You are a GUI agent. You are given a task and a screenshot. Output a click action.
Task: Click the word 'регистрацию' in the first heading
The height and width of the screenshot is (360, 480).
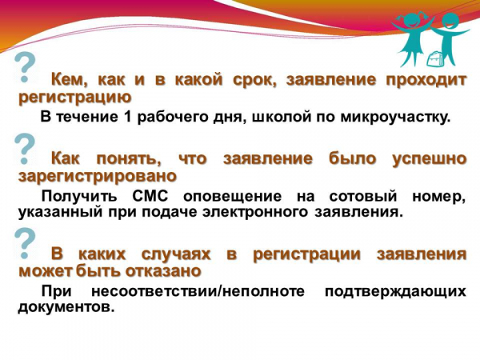point(75,98)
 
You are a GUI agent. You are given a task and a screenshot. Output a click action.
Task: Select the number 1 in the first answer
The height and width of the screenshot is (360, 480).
point(129,117)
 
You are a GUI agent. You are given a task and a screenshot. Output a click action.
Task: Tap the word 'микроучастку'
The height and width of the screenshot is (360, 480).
point(395,118)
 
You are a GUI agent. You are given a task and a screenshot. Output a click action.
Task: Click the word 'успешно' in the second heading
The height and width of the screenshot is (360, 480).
point(429,159)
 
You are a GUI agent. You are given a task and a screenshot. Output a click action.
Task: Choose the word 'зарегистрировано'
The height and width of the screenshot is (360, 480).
point(98,177)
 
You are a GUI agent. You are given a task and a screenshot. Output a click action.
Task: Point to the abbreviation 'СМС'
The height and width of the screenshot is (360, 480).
point(150,196)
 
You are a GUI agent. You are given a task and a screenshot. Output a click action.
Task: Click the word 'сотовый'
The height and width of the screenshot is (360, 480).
point(363,196)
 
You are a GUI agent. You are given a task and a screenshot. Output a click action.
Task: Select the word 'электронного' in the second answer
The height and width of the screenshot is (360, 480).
point(254,212)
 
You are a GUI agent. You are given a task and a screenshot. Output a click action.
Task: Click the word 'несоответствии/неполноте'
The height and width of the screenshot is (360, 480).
point(198,291)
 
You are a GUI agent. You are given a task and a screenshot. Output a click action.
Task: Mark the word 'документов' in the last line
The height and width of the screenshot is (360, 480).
point(66,307)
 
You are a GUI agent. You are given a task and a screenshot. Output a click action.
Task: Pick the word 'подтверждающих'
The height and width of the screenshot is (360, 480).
point(395,292)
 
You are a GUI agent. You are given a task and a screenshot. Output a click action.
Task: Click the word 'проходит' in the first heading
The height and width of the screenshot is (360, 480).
point(426,80)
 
